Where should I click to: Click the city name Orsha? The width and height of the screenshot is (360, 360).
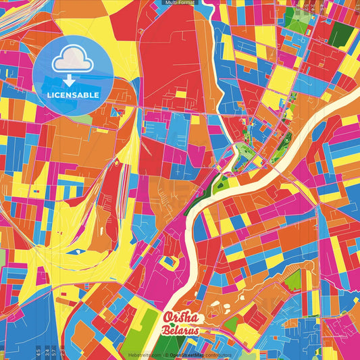182,317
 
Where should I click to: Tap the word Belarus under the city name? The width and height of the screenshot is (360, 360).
181,331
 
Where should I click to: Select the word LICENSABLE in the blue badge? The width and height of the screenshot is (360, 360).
74,95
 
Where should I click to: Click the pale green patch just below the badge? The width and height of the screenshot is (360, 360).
81,119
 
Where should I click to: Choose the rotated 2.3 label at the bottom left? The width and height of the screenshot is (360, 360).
63,351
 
